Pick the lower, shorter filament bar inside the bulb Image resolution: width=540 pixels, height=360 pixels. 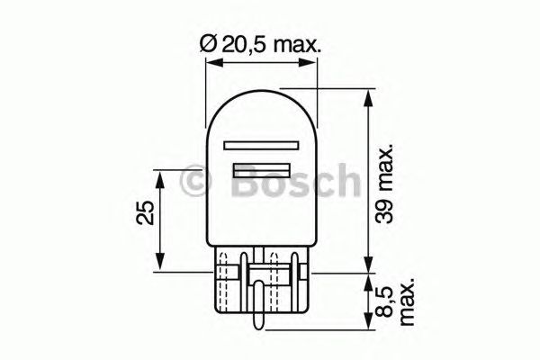pos(262,169)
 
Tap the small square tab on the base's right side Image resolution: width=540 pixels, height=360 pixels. pos(307,271)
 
